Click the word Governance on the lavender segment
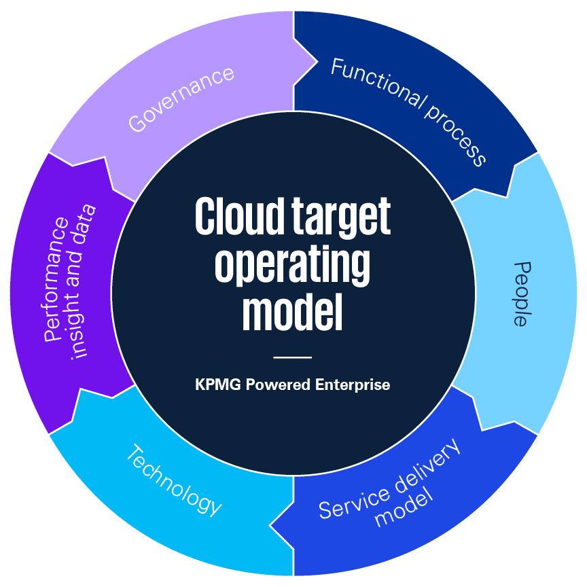click(181, 99)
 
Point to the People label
click(520, 293)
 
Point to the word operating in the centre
click(293, 266)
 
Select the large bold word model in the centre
click(293, 312)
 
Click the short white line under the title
click(292, 357)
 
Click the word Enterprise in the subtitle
click(353, 385)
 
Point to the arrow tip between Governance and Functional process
click(317, 63)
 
